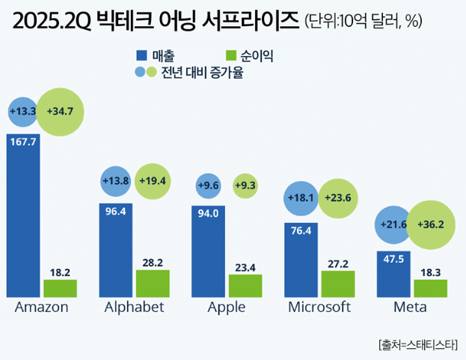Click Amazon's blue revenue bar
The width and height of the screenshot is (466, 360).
[23, 217]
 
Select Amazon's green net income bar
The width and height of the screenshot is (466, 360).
[60, 288]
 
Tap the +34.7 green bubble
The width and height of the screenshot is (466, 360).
[60, 112]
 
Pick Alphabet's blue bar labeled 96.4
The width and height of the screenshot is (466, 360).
[115, 251]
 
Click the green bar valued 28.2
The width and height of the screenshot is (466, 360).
[153, 284]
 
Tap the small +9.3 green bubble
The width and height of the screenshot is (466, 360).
[245, 184]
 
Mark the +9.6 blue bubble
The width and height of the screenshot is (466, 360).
[209, 184]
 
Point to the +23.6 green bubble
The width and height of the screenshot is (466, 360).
[338, 198]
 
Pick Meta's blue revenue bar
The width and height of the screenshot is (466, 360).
[393, 274]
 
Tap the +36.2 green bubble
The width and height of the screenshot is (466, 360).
[431, 224]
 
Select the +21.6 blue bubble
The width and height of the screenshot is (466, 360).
[393, 224]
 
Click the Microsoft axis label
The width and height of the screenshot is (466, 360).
[319, 308]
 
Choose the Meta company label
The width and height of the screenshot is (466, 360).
[411, 308]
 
